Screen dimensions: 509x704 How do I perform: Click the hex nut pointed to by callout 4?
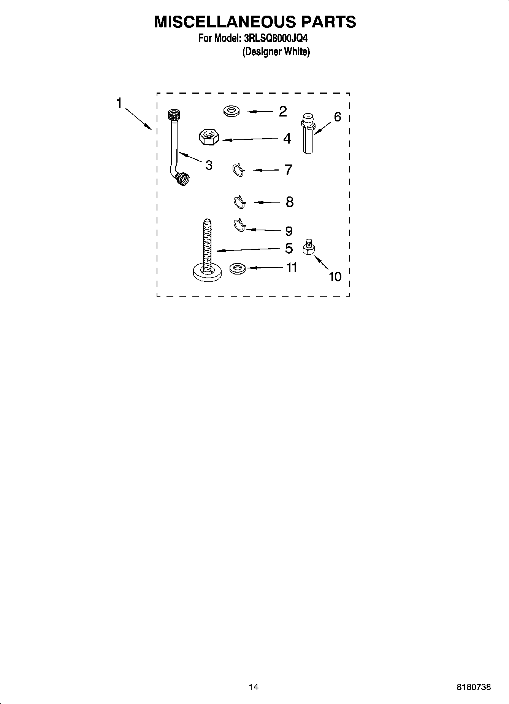(208, 137)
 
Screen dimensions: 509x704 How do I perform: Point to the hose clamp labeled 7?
(238, 170)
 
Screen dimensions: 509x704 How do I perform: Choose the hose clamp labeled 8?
(239, 202)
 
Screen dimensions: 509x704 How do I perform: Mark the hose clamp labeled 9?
(239, 225)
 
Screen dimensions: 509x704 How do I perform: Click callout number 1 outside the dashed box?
(119, 103)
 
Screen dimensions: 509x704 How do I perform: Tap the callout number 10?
(335, 276)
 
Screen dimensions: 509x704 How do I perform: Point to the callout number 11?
(291, 268)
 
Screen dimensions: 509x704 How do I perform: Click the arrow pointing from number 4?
(251, 139)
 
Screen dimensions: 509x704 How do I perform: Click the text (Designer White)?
(276, 52)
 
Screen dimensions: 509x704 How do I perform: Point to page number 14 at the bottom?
(254, 687)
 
